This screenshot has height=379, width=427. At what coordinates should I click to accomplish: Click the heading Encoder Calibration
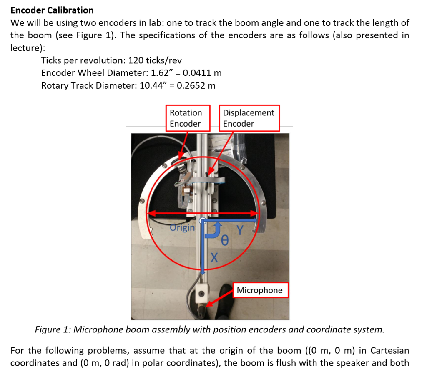coord(52,10)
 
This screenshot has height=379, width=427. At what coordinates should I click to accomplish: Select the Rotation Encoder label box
coord(186,118)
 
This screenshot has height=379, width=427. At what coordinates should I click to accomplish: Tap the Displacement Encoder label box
coord(249,118)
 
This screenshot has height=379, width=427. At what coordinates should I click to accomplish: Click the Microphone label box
coord(259,290)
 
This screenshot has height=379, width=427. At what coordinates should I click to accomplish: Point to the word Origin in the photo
coord(182,228)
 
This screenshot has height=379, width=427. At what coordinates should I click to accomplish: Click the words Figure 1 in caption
coord(53,330)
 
